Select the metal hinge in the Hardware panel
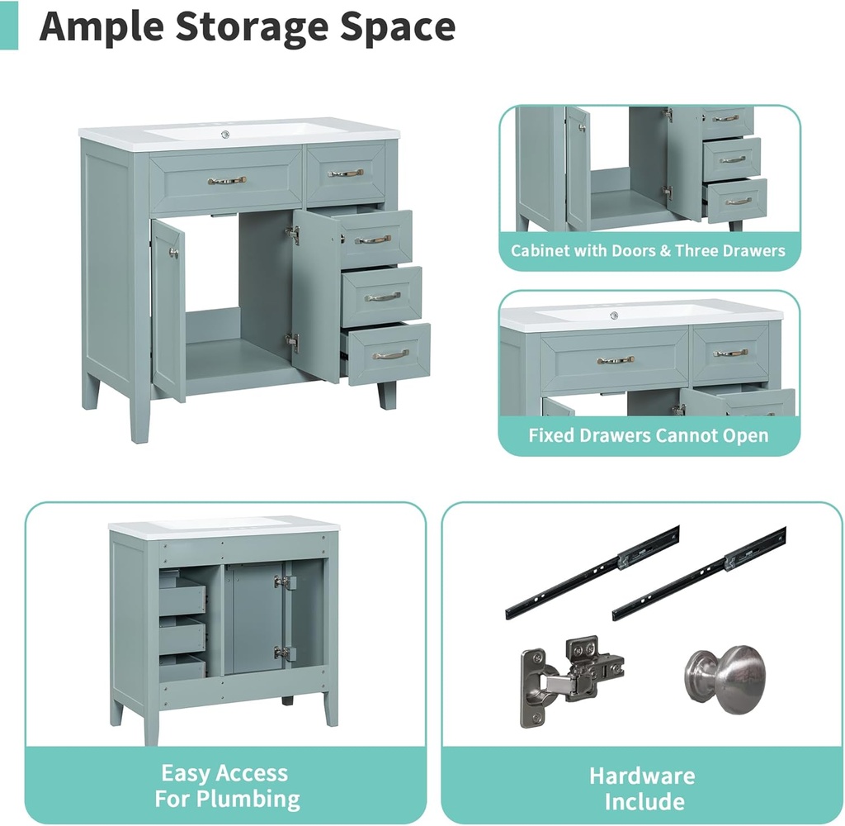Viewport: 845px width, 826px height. point(571,681)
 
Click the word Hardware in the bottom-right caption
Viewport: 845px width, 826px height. point(642,776)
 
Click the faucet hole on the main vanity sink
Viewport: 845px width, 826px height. point(225,134)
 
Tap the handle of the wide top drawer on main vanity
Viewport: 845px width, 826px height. point(227,180)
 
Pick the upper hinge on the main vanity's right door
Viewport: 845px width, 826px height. point(293,234)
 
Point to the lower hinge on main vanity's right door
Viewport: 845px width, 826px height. point(293,342)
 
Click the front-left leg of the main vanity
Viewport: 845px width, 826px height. point(139,416)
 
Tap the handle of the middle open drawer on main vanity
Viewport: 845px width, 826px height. point(382,297)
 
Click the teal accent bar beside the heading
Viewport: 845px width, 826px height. point(8,25)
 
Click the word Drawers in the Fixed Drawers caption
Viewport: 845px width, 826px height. point(627,434)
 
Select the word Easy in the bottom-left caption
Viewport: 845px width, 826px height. point(182,774)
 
